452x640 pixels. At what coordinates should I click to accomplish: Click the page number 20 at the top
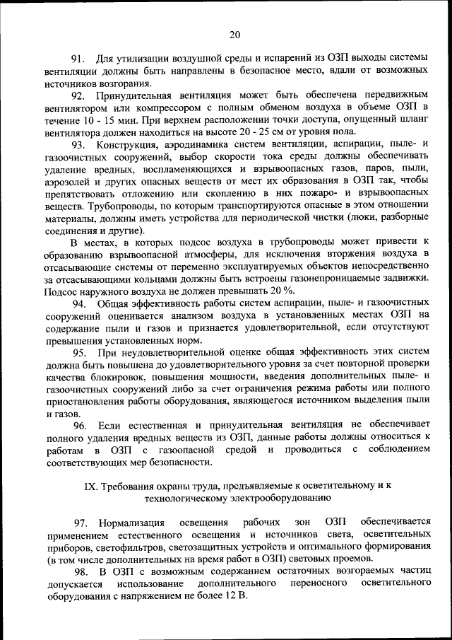[234, 33]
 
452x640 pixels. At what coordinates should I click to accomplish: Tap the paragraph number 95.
[80, 351]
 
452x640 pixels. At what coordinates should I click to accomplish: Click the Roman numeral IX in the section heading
[90, 486]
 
